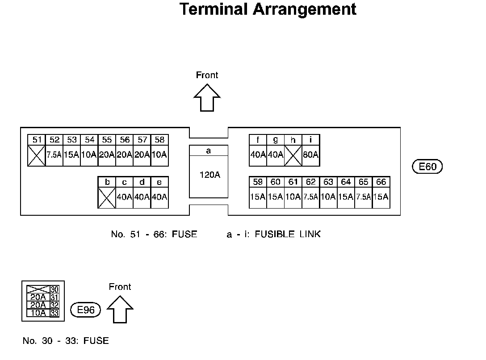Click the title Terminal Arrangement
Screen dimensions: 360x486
(268, 9)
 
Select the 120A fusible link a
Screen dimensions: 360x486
(209, 175)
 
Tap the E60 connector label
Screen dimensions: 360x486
(427, 167)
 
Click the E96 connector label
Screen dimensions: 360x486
(86, 310)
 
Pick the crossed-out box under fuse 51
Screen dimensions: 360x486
(37, 155)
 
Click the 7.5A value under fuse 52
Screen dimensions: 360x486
(54, 155)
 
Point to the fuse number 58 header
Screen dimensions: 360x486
(159, 140)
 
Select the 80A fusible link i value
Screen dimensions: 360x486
(310, 155)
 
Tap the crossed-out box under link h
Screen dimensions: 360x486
(293, 155)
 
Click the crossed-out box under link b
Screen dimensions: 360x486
(107, 197)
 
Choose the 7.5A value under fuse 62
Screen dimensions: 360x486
(310, 197)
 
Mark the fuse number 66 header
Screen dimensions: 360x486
(381, 182)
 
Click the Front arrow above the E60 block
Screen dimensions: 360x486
(207, 98)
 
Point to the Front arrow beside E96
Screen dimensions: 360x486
(120, 309)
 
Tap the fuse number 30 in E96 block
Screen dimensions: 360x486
(54, 289)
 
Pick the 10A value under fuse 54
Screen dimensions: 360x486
(89, 155)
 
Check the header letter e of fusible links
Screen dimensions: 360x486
(159, 182)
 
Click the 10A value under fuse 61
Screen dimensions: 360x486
(293, 197)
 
